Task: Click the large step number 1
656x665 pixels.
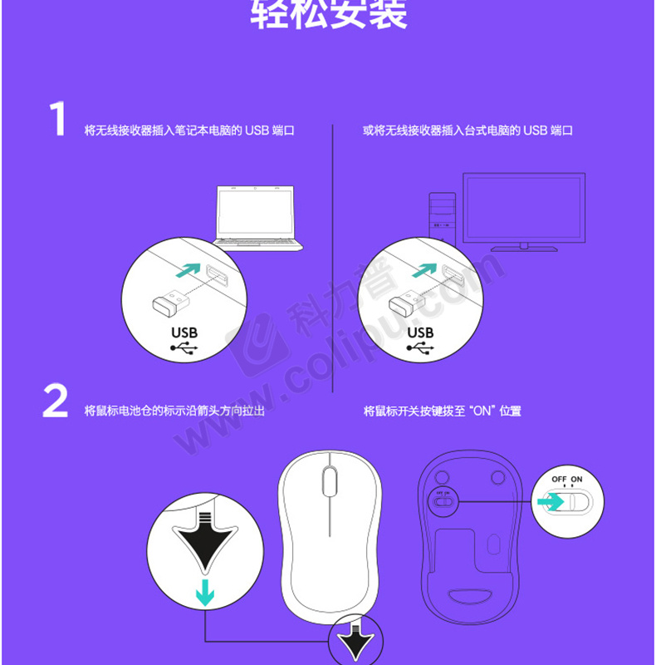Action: (58, 119)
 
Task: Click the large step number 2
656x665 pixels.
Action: (55, 401)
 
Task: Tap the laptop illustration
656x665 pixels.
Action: (257, 219)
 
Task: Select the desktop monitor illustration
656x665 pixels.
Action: (524, 212)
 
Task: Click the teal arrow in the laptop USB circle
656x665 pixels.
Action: (188, 270)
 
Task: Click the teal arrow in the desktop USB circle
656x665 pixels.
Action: (424, 270)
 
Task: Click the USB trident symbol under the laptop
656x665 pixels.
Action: (184, 348)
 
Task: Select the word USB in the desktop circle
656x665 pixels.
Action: (420, 332)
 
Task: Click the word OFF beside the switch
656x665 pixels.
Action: (559, 480)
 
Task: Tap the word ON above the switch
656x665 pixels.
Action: (576, 480)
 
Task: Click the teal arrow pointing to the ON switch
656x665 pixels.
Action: (551, 502)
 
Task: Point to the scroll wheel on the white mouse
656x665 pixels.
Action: (330, 481)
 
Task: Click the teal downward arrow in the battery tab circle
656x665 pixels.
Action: (205, 593)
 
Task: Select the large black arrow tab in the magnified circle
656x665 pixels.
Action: (205, 540)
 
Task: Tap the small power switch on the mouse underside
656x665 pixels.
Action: (443, 501)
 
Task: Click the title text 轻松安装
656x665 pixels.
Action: (329, 14)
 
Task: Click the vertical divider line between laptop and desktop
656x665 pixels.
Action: (333, 259)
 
